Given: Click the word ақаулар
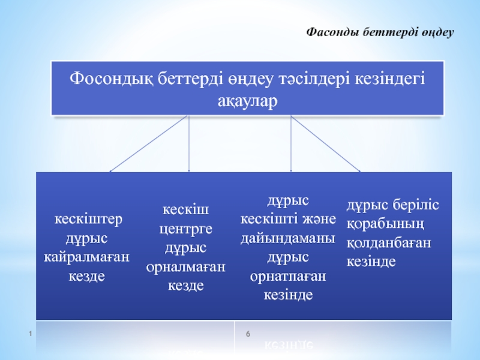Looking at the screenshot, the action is [247, 101].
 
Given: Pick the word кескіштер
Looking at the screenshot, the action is [88, 219].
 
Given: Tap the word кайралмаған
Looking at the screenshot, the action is [86, 257].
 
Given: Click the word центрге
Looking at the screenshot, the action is [186, 229].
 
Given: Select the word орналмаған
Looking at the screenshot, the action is [186, 267].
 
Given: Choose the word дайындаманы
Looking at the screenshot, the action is [288, 238].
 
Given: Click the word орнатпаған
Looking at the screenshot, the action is [288, 277].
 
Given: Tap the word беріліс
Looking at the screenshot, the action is [416, 205].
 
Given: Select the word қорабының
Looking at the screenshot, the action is [386, 224].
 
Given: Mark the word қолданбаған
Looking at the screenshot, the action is [389, 243].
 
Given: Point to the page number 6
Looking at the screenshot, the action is [248, 334].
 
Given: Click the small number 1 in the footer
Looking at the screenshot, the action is [31, 334].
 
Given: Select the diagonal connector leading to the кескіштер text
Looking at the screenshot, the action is [148, 143].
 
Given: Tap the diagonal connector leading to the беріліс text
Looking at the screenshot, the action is [325, 143].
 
